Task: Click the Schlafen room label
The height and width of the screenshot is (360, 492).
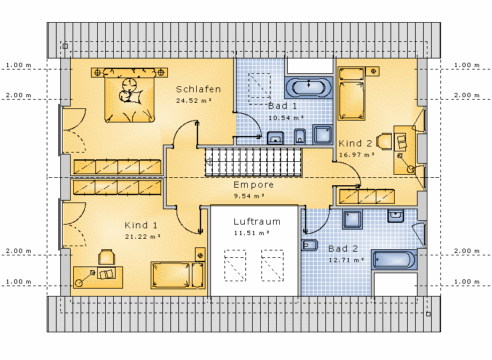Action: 198,89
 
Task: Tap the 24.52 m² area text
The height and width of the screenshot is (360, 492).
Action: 194,101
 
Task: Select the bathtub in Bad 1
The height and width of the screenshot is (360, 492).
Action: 309,87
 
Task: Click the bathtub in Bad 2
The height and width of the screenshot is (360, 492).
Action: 394,260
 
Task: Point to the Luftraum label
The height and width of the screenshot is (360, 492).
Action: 257,222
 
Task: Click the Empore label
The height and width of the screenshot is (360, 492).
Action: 253,185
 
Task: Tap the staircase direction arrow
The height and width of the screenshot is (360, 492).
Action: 208,162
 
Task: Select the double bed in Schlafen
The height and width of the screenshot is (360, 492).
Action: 130,95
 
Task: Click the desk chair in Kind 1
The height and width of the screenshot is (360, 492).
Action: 106,257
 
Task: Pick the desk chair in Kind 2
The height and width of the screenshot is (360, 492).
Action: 384,142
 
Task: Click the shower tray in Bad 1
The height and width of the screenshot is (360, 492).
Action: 322,135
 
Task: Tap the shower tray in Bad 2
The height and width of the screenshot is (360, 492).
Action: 352,219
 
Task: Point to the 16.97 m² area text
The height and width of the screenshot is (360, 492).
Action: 357,154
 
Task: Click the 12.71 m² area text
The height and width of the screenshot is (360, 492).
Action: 346,260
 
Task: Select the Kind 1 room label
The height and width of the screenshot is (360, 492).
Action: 141,225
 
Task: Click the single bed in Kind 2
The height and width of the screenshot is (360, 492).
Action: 351,94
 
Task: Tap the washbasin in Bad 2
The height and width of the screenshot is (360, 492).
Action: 395,215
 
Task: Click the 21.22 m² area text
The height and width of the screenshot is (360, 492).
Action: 143,237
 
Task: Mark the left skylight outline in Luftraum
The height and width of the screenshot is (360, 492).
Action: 235,265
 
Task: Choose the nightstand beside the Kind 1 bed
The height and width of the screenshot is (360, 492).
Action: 200,255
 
